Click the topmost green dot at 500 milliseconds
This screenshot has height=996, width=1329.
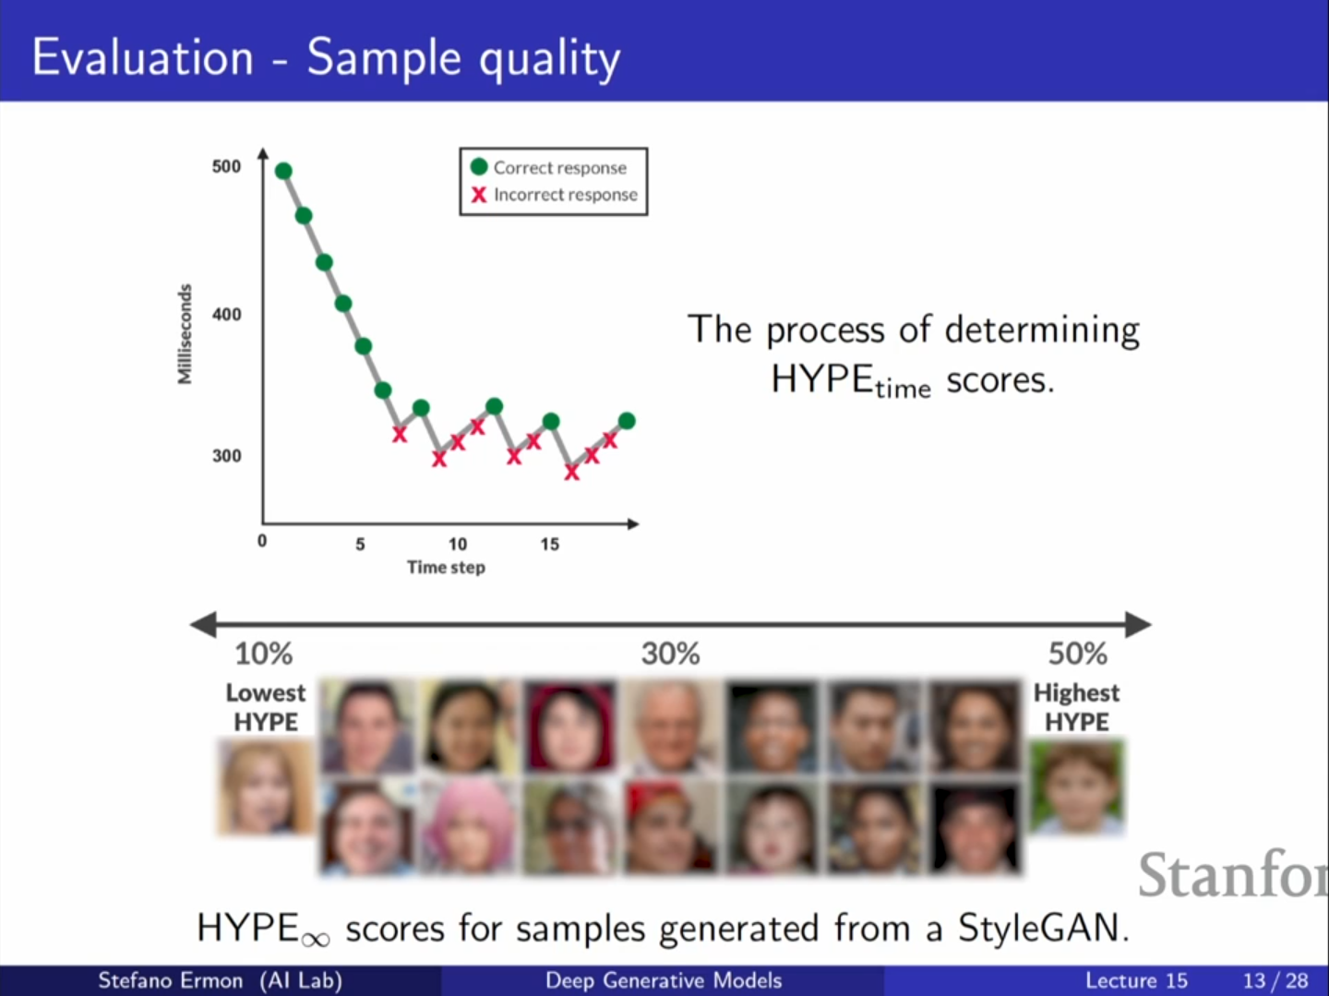pyautogui.click(x=283, y=171)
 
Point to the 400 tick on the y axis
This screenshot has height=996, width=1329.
pyautogui.click(x=226, y=315)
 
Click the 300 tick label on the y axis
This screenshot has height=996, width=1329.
pyautogui.click(x=226, y=456)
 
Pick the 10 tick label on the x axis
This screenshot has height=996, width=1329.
pyautogui.click(x=458, y=544)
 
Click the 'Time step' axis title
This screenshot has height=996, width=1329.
pyautogui.click(x=446, y=567)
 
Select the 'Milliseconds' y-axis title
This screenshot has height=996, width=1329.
pyautogui.click(x=186, y=333)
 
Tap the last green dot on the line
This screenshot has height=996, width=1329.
pyautogui.click(x=627, y=421)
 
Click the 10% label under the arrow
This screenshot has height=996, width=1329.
pyautogui.click(x=263, y=654)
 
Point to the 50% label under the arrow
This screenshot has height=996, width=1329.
pyautogui.click(x=1077, y=654)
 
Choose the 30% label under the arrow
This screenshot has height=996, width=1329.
pyautogui.click(x=671, y=654)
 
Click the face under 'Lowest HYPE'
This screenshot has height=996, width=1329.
pyautogui.click(x=265, y=788)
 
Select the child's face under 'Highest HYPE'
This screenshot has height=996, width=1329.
pyautogui.click(x=1078, y=787)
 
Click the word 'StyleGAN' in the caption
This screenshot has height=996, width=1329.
pyautogui.click(x=1042, y=928)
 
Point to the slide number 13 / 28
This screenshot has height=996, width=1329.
pyautogui.click(x=1275, y=980)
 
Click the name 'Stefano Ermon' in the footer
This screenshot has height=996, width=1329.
pyautogui.click(x=171, y=980)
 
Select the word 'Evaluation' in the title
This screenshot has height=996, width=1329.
pyautogui.click(x=143, y=57)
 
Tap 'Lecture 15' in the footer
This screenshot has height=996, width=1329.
pyautogui.click(x=1136, y=980)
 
